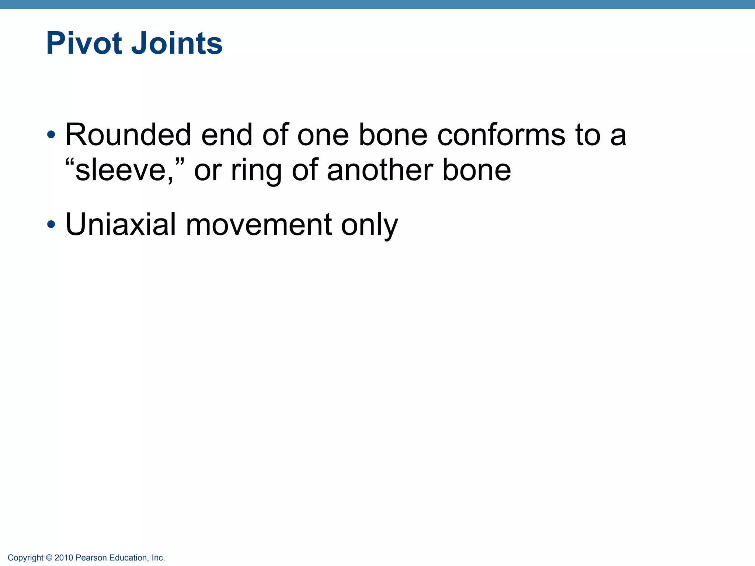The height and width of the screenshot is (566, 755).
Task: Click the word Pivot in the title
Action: [x=84, y=43]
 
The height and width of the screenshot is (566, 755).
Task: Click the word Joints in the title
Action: [x=177, y=43]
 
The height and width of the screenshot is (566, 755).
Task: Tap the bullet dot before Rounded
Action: [x=51, y=134]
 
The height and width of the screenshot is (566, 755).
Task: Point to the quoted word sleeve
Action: [x=116, y=170]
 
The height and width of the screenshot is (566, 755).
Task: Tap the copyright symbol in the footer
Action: [x=49, y=558]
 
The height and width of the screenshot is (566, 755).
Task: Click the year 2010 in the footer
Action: [x=64, y=558]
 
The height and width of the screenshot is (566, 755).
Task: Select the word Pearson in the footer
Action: [x=91, y=558]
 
